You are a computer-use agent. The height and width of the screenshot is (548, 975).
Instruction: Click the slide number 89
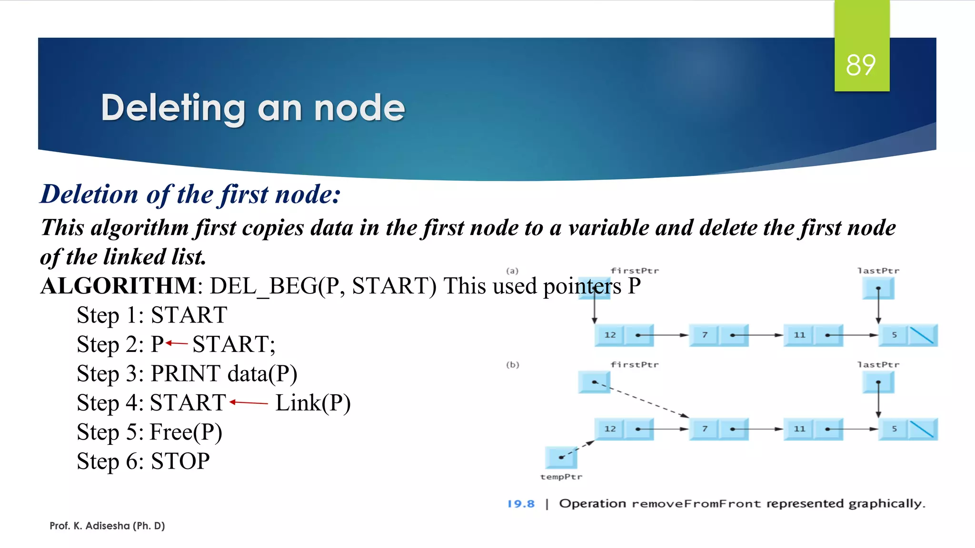tap(861, 65)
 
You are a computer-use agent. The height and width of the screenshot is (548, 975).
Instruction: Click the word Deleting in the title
tap(173, 108)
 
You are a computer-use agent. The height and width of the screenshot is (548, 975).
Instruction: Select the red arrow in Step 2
tap(177, 343)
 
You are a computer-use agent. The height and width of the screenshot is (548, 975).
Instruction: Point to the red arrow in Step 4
tap(249, 402)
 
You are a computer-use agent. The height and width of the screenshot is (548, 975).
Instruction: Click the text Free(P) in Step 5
tap(186, 432)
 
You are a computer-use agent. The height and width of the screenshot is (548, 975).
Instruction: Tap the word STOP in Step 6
tap(180, 461)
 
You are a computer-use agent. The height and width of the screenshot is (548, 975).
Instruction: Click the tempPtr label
tap(561, 477)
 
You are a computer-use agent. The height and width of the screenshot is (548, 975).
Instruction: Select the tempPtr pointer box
tap(561, 458)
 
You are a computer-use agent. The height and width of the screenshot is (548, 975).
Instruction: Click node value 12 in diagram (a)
tap(610, 335)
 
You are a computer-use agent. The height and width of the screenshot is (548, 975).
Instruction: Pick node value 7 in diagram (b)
tap(705, 429)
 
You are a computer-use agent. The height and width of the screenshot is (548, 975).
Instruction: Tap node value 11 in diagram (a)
tap(799, 335)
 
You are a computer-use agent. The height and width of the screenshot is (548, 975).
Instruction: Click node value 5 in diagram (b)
tap(894, 429)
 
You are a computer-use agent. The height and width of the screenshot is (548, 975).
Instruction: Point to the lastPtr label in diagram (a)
tap(878, 271)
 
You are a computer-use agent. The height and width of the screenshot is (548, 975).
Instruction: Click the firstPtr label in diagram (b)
tap(635, 365)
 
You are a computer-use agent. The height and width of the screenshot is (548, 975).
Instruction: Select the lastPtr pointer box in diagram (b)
tap(878, 382)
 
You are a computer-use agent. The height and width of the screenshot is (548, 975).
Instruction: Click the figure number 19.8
tap(521, 504)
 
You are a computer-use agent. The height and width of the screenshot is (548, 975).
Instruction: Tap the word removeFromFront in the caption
tap(696, 504)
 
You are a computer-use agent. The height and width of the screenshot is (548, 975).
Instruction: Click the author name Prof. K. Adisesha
tap(107, 526)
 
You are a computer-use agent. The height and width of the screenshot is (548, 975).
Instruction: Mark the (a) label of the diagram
tap(512, 271)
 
